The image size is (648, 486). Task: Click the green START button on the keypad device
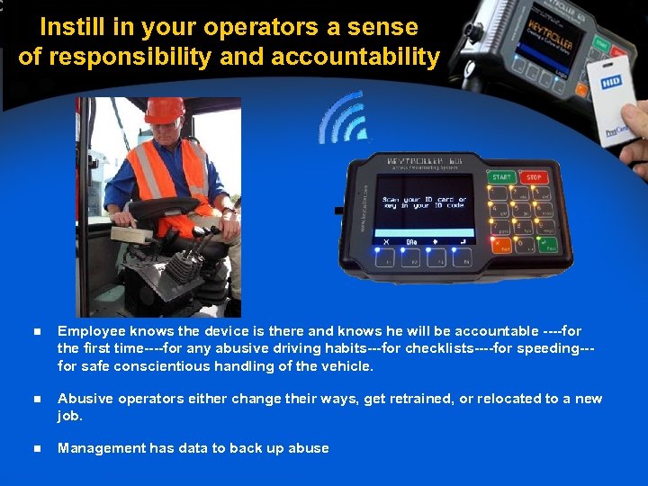tap(500, 177)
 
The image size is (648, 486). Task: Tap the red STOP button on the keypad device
tap(533, 178)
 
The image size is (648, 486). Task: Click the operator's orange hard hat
tap(164, 111)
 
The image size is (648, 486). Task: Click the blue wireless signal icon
tap(341, 118)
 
